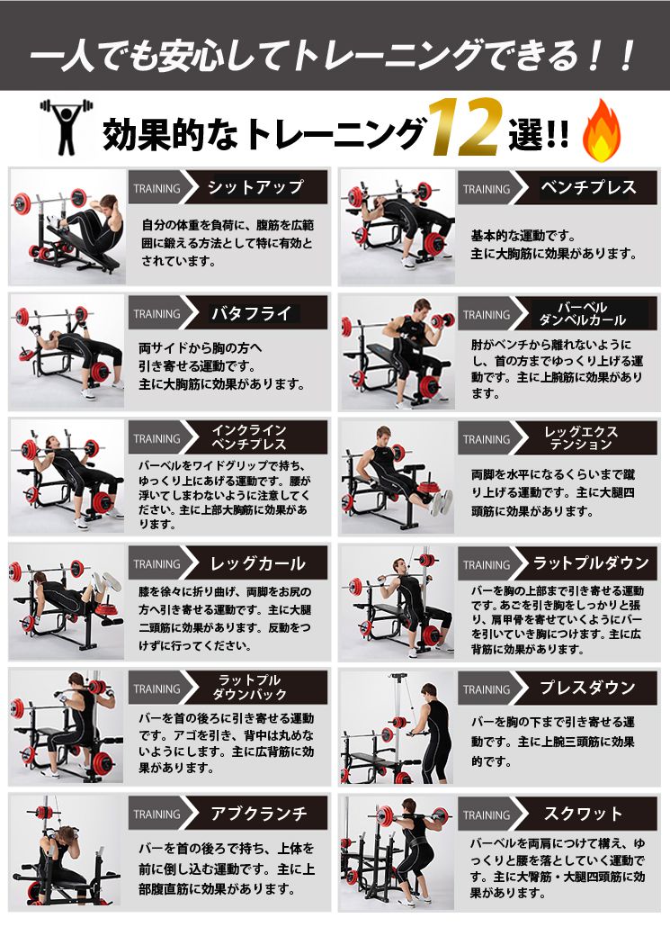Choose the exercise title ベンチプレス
588,188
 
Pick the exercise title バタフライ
251,314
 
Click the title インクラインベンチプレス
249,438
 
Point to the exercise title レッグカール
256,564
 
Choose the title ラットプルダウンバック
249,688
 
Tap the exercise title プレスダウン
587,688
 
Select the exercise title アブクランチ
258,814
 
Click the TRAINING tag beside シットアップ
156,189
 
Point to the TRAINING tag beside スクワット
487,815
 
